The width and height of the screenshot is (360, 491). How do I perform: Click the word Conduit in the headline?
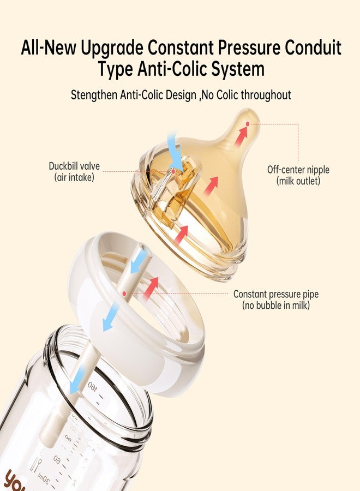click(313, 48)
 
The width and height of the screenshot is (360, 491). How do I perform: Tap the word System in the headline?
click(238, 69)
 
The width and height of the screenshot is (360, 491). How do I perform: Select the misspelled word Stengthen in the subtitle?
click(94, 95)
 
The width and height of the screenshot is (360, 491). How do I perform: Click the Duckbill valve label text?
click(74, 171)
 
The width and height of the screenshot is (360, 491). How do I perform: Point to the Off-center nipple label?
click(298, 175)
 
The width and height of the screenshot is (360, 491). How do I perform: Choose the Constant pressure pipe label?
click(276, 300)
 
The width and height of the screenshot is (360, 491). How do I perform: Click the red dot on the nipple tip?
click(248, 124)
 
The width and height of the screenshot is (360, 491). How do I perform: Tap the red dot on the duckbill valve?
click(173, 171)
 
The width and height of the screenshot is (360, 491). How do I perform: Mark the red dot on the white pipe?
click(124, 294)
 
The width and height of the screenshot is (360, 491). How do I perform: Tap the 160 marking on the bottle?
click(92, 386)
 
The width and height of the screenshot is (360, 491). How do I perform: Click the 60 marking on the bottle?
click(57, 459)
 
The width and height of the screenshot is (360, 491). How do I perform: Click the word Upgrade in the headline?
click(112, 49)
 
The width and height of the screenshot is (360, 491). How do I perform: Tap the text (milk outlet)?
click(298, 181)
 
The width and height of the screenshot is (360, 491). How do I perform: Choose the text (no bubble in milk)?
click(276, 305)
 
